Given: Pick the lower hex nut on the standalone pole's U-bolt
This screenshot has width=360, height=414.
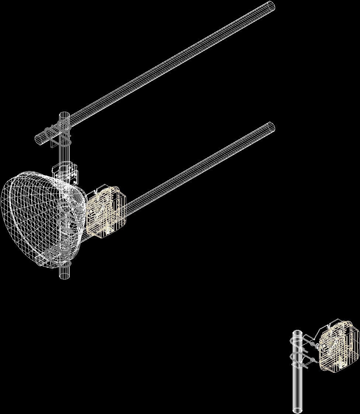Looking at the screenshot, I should [x=312, y=359].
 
